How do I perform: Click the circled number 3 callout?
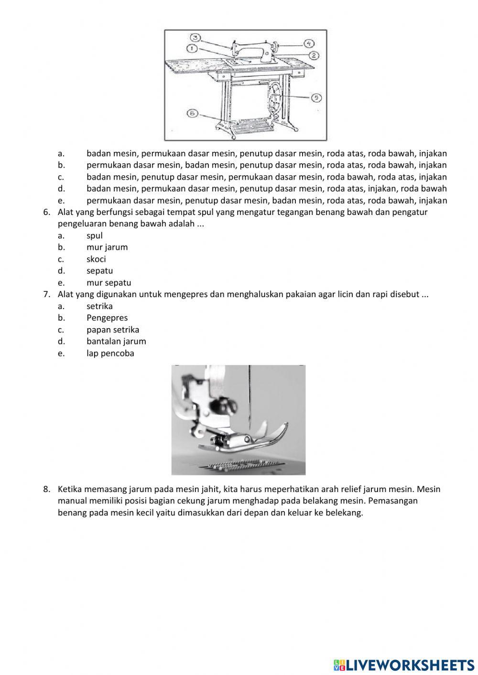pos(195,38)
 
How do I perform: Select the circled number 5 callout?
pos(316,98)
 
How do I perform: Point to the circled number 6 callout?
pos(192,113)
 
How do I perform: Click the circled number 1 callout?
pos(192,48)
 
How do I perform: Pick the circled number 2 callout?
pos(313,55)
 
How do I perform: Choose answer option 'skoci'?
pos(96,259)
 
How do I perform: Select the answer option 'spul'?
pos(95,236)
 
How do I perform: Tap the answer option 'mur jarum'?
pos(107,247)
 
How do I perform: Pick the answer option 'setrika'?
pos(99,306)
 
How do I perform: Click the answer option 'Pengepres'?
pos(107,318)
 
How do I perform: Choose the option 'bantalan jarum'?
pos(116,341)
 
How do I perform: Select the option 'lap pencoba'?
pos(110,353)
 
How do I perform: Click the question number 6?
pos(46,212)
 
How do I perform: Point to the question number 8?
pos(46,489)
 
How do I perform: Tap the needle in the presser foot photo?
pos(249,396)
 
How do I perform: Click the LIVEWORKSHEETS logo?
pos(403,664)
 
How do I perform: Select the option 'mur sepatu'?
pos(109,282)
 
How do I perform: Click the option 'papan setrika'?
pos(113,330)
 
